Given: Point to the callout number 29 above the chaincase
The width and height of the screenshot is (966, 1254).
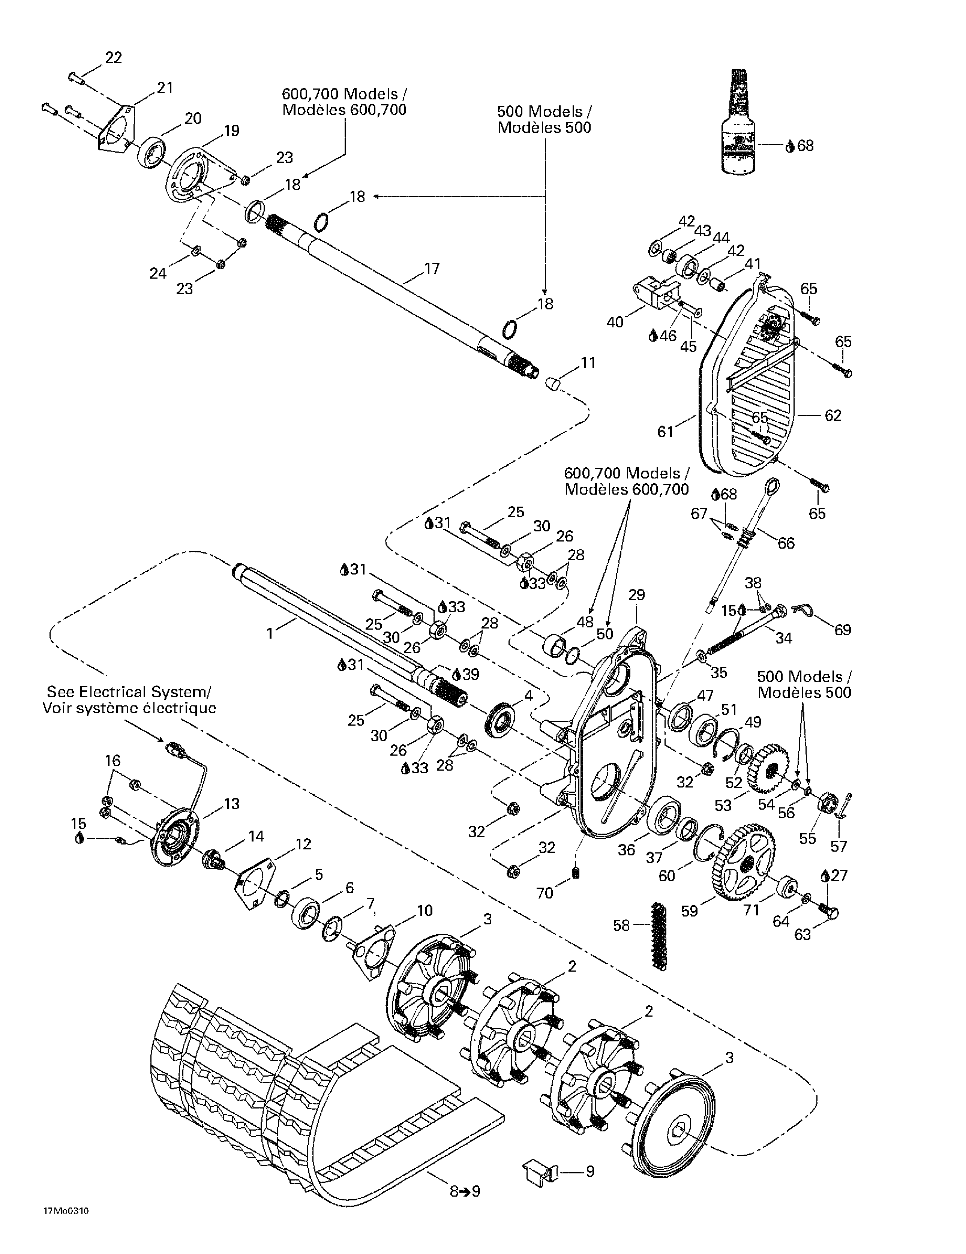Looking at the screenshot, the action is coord(637,594).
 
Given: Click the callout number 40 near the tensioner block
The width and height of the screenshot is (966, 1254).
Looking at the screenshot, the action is coord(615,322).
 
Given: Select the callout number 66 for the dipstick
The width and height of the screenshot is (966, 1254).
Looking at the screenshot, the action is coord(786,543).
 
